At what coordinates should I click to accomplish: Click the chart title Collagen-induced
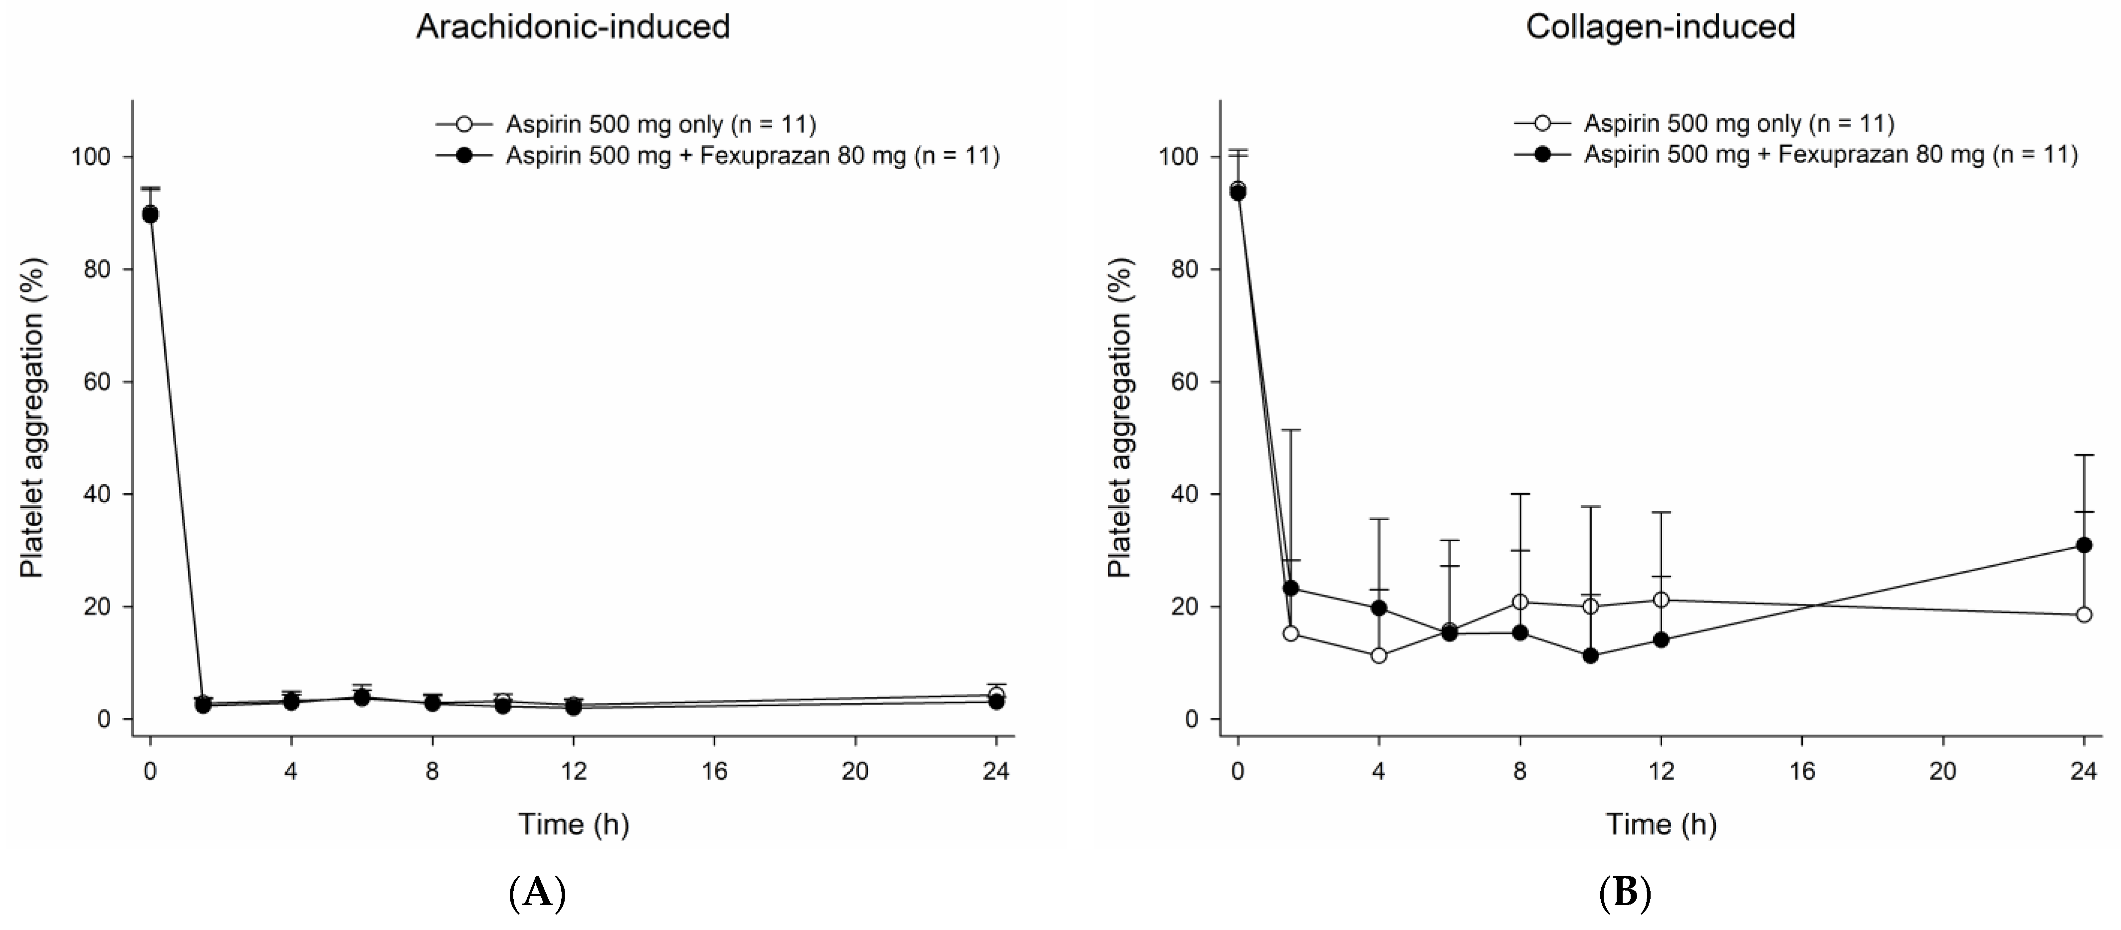(1660, 26)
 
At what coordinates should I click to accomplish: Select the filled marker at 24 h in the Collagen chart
(2084, 545)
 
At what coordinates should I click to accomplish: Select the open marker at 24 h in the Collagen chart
(2084, 615)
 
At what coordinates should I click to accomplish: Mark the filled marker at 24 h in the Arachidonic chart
(996, 702)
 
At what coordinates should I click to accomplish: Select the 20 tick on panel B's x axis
(1943, 771)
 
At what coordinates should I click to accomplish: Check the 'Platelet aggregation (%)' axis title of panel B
(1120, 418)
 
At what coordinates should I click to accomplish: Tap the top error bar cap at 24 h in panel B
(2084, 455)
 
